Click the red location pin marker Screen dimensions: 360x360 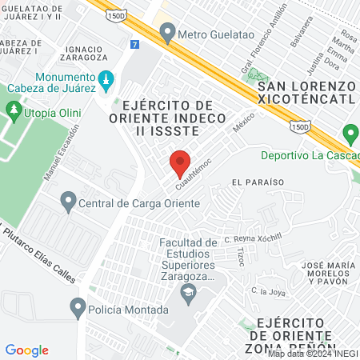pyautogui.click(x=180, y=163)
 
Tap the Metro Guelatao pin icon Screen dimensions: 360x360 pyautogui.click(x=167, y=34)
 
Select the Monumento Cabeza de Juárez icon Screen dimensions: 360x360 pyautogui.click(x=106, y=80)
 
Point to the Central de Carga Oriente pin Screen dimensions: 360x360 pyautogui.click(x=68, y=202)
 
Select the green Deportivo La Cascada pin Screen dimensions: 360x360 pyautogui.click(x=350, y=134)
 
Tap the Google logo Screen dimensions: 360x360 pyautogui.click(x=26, y=350)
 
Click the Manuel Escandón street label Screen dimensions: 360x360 pyautogui.click(x=62, y=152)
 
